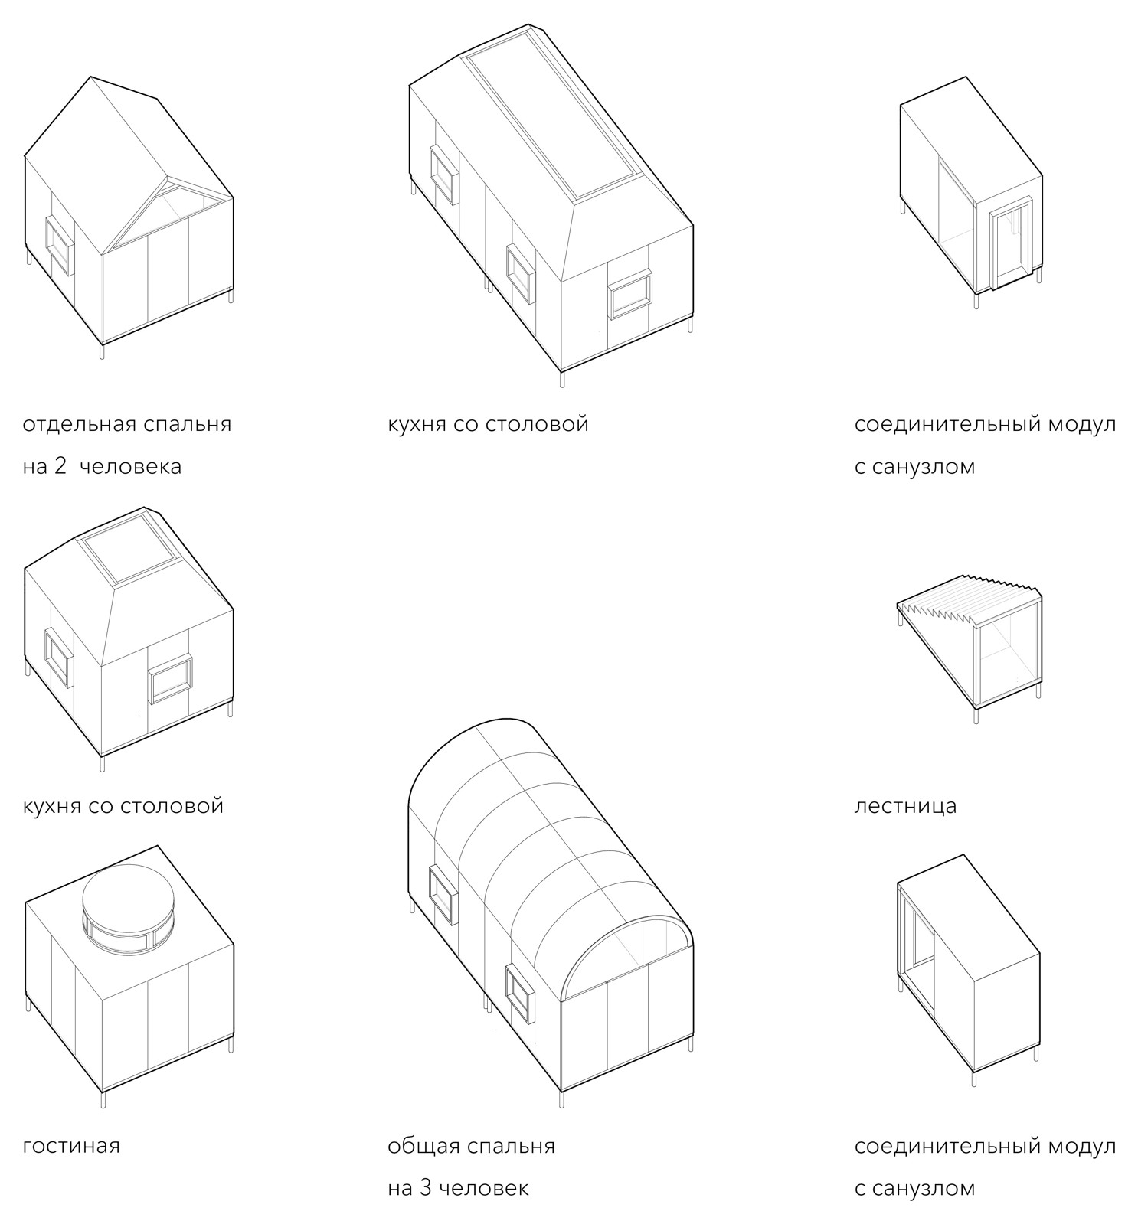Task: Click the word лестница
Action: pos(905,806)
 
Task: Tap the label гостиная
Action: pos(71,1146)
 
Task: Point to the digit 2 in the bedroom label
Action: pos(60,466)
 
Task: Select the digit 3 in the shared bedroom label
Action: pos(426,1188)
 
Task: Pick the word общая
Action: pos(423,1147)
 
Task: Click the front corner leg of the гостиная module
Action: pos(103,1099)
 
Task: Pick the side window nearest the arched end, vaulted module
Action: pos(520,993)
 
